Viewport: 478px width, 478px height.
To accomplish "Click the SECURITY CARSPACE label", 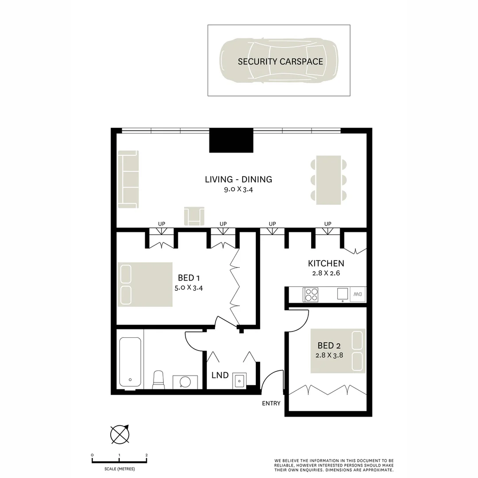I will coord(280,62).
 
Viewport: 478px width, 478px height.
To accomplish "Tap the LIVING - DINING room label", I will coord(238,179).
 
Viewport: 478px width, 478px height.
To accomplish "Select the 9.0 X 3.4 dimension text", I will coord(238,190).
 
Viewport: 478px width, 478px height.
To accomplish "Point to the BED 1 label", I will coord(189,278).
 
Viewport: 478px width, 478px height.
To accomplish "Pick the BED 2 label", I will coord(329,345).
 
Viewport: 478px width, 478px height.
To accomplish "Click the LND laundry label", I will coord(220,375).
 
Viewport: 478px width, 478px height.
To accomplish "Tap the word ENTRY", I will coord(271,403).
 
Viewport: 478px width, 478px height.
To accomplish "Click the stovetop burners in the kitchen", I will coord(311,294).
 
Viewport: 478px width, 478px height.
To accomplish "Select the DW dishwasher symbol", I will coord(357,294).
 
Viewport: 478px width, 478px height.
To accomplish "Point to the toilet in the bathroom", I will coord(158,380).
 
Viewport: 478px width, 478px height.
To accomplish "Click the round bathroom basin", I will coord(185,381).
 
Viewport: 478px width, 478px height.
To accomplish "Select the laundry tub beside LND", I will coord(239,380).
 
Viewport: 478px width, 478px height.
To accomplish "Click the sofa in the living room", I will coord(128,179).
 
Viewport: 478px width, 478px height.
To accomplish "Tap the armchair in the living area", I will coord(195,216).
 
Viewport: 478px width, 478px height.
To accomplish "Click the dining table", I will coord(328,180).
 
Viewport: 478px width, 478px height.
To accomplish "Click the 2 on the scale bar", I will coord(146,455).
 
